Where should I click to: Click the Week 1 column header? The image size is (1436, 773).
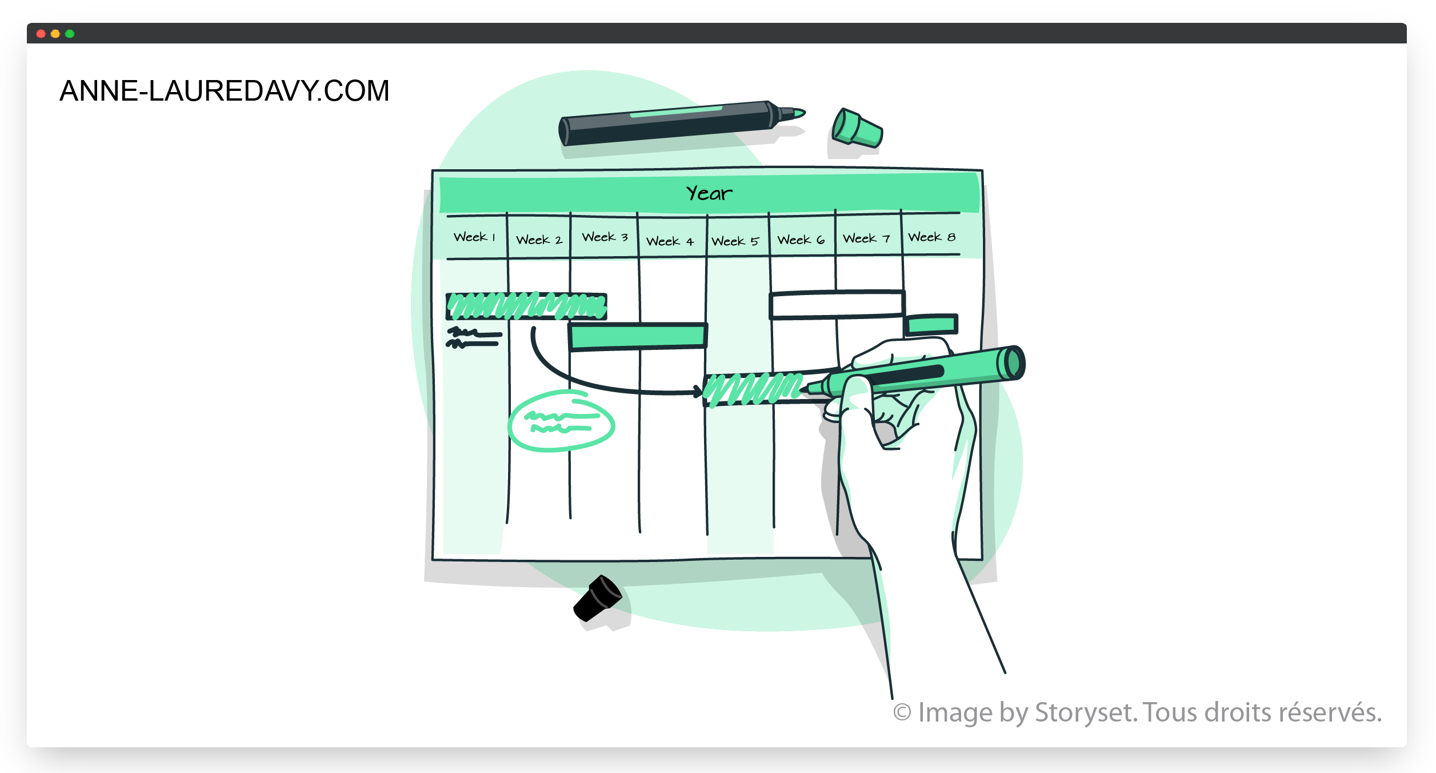click(x=474, y=237)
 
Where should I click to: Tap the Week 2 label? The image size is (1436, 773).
click(x=539, y=240)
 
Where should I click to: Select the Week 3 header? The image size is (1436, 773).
click(x=605, y=237)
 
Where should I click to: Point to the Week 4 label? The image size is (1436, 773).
click(x=670, y=241)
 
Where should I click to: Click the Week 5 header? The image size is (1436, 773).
click(x=735, y=241)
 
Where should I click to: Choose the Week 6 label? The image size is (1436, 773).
click(x=801, y=240)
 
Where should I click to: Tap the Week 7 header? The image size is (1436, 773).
click(x=866, y=238)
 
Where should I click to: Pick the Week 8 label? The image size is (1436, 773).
click(x=931, y=237)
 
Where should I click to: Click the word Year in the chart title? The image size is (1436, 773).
click(x=709, y=193)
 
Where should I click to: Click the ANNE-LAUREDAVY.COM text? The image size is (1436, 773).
click(x=225, y=91)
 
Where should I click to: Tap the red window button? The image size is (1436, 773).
click(x=41, y=34)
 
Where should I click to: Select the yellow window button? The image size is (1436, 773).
click(x=55, y=34)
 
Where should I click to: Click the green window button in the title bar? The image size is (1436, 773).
click(x=70, y=34)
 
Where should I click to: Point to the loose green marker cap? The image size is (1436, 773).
click(x=857, y=128)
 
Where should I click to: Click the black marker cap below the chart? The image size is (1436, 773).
click(x=598, y=598)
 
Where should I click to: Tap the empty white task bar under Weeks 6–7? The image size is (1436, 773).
click(x=837, y=305)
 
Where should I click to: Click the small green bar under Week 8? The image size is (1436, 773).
click(x=931, y=325)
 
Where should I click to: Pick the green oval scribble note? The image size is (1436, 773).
click(x=561, y=421)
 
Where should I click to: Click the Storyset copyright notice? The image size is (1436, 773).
click(x=1137, y=712)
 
